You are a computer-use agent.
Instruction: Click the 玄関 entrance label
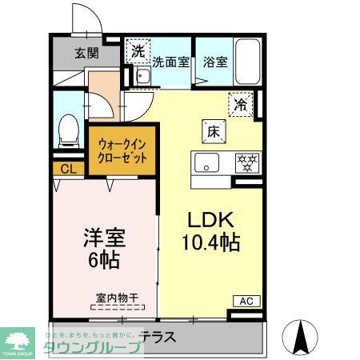point(86,54)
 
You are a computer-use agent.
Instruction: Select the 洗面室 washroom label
point(170,61)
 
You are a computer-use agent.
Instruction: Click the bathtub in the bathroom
point(246,59)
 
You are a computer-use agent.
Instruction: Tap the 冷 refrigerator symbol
point(241,103)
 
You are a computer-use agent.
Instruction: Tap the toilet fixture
point(69,129)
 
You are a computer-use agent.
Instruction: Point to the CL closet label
point(69,169)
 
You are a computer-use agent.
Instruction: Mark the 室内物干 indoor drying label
point(117,298)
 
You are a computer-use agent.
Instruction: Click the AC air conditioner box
point(245,301)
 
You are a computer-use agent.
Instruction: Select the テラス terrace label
point(157,338)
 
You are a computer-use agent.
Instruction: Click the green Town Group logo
point(21,341)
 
